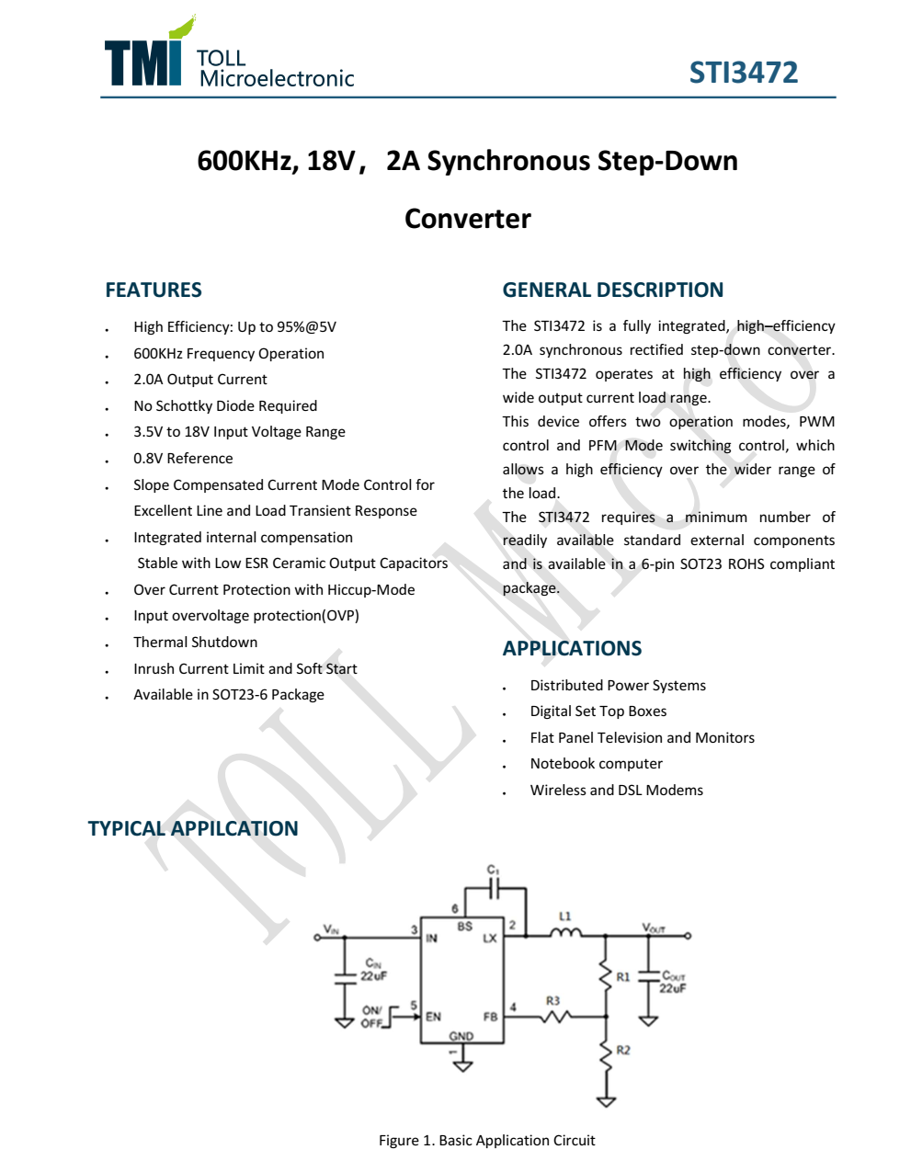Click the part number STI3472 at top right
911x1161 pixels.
743,73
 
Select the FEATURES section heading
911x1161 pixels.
154,290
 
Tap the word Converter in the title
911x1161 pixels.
467,219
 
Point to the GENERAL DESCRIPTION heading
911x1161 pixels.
612,290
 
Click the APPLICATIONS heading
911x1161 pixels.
572,649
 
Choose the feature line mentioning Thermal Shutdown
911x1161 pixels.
195,643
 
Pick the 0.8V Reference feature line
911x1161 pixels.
183,459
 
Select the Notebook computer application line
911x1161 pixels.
596,764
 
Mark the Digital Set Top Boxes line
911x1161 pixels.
598,711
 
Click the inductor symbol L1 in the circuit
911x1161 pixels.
565,933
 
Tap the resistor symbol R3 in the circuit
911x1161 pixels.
554,1016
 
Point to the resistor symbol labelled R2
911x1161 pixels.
606,1056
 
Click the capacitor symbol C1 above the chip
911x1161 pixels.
495,888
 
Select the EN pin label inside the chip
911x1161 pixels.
433,1017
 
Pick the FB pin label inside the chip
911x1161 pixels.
490,1017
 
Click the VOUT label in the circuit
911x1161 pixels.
654,928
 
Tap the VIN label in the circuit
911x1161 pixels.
331,930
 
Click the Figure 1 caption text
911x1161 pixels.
486,1141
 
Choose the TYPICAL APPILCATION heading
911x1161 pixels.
193,829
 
